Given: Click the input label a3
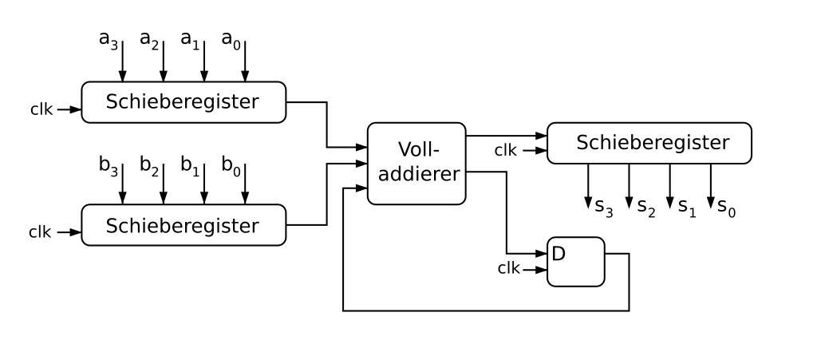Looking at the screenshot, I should click(109, 40).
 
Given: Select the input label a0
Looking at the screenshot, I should click(231, 40).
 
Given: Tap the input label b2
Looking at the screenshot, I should click(149, 165).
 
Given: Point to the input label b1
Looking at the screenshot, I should click(190, 165).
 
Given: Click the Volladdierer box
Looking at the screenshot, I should click(416, 163).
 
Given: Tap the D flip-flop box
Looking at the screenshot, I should click(575, 261).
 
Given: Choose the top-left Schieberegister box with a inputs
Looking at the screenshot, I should click(183, 102).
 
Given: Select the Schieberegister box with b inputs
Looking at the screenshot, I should click(183, 225).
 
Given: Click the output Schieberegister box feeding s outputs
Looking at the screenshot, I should click(649, 143).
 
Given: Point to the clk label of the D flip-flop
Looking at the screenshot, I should click(508, 268).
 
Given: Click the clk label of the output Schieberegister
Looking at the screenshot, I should click(505, 149).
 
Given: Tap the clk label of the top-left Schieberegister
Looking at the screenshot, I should click(41, 109).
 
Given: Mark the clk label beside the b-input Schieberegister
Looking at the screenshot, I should click(40, 232).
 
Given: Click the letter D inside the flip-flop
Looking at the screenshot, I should click(558, 254).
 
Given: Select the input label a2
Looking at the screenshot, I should click(149, 40).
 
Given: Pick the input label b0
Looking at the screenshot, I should click(231, 165).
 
